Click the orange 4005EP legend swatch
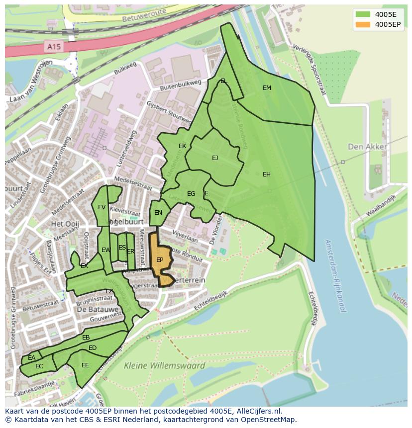pos(363,24)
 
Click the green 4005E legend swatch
pos(363,14)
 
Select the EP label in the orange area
pos(160,260)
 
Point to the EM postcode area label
pos(267,88)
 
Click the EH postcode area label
pos(267,174)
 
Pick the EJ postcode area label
pos(215,158)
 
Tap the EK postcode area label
pos(182,146)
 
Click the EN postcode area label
pos(158,213)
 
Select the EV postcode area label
pos(102,207)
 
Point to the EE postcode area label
pos(85,365)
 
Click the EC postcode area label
pos(39,366)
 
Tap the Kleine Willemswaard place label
pos(164,366)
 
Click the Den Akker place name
pos(367,147)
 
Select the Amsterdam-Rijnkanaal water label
pos(334,276)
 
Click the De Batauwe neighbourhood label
pos(97,309)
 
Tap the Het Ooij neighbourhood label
pos(65,224)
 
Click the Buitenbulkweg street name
pos(180,85)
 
